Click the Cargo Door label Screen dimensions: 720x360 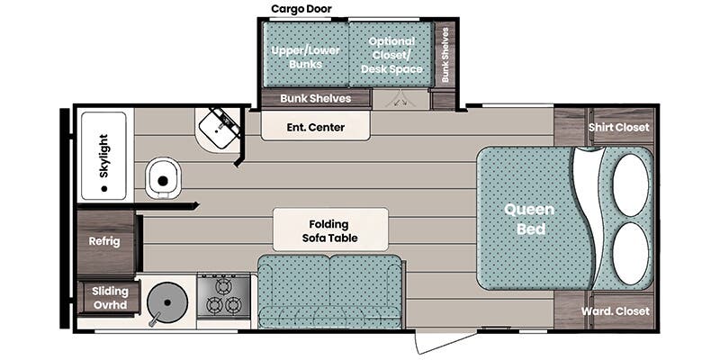(301, 9)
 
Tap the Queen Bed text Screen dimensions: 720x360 (529, 219)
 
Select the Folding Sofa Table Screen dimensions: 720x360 (330, 229)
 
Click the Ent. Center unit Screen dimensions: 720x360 (316, 126)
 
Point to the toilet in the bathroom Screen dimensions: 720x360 (163, 179)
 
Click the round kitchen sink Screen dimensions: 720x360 (167, 302)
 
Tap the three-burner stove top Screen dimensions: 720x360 (223, 297)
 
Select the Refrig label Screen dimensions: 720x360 (104, 241)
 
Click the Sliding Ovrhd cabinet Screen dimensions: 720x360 (109, 297)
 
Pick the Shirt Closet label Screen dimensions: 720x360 (618, 127)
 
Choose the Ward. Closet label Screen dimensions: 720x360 (615, 310)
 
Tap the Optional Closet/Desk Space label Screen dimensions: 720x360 (391, 55)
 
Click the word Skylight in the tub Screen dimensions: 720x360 (103, 156)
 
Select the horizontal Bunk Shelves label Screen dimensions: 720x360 (316, 98)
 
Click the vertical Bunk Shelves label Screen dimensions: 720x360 (445, 55)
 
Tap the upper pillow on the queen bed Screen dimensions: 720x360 (630, 184)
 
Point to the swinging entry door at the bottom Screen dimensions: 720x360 (445, 341)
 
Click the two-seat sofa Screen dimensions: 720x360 (330, 292)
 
